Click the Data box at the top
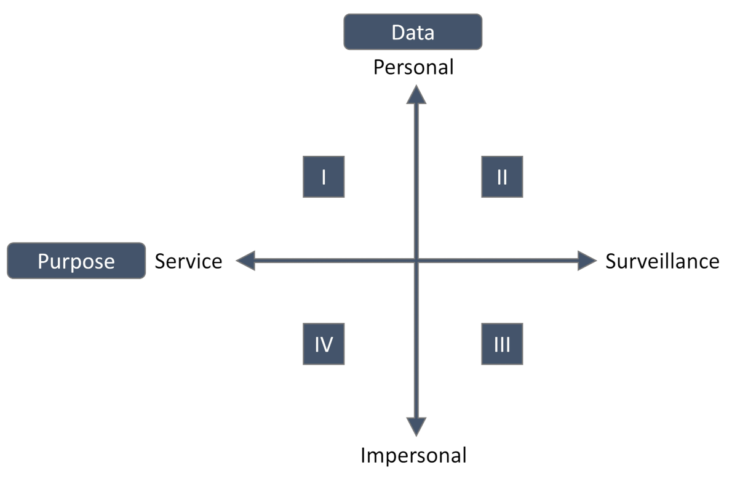click(x=413, y=32)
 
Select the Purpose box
click(x=76, y=261)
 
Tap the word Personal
click(x=413, y=67)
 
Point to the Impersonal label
click(x=413, y=456)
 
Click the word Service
click(x=188, y=261)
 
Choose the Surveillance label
click(x=662, y=261)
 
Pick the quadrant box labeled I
click(x=324, y=177)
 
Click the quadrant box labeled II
click(x=502, y=177)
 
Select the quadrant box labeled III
click(x=502, y=344)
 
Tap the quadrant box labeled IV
click(x=324, y=344)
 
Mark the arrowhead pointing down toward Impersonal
click(x=416, y=426)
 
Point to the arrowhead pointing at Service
click(x=246, y=261)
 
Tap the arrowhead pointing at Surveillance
click(x=587, y=261)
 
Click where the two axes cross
click(x=416, y=261)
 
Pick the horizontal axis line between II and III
click(x=502, y=261)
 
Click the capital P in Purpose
click(x=43, y=261)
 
